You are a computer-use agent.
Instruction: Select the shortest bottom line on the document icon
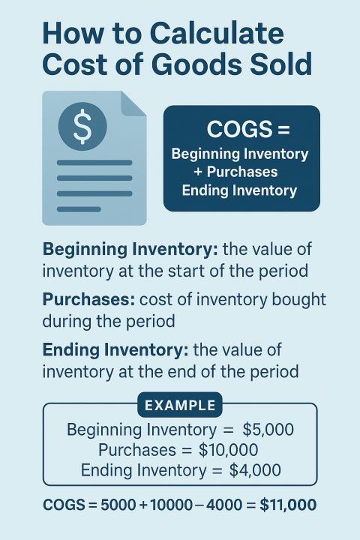click(x=79, y=208)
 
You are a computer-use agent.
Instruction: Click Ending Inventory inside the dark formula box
click(x=240, y=190)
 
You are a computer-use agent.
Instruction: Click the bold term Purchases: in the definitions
click(x=88, y=299)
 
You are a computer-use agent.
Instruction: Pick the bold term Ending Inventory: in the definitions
click(x=115, y=349)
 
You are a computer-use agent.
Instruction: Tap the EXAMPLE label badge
click(x=180, y=406)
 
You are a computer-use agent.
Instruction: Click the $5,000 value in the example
click(x=268, y=430)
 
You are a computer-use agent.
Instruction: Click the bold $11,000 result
click(x=288, y=505)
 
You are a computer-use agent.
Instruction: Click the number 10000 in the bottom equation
click(x=172, y=505)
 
